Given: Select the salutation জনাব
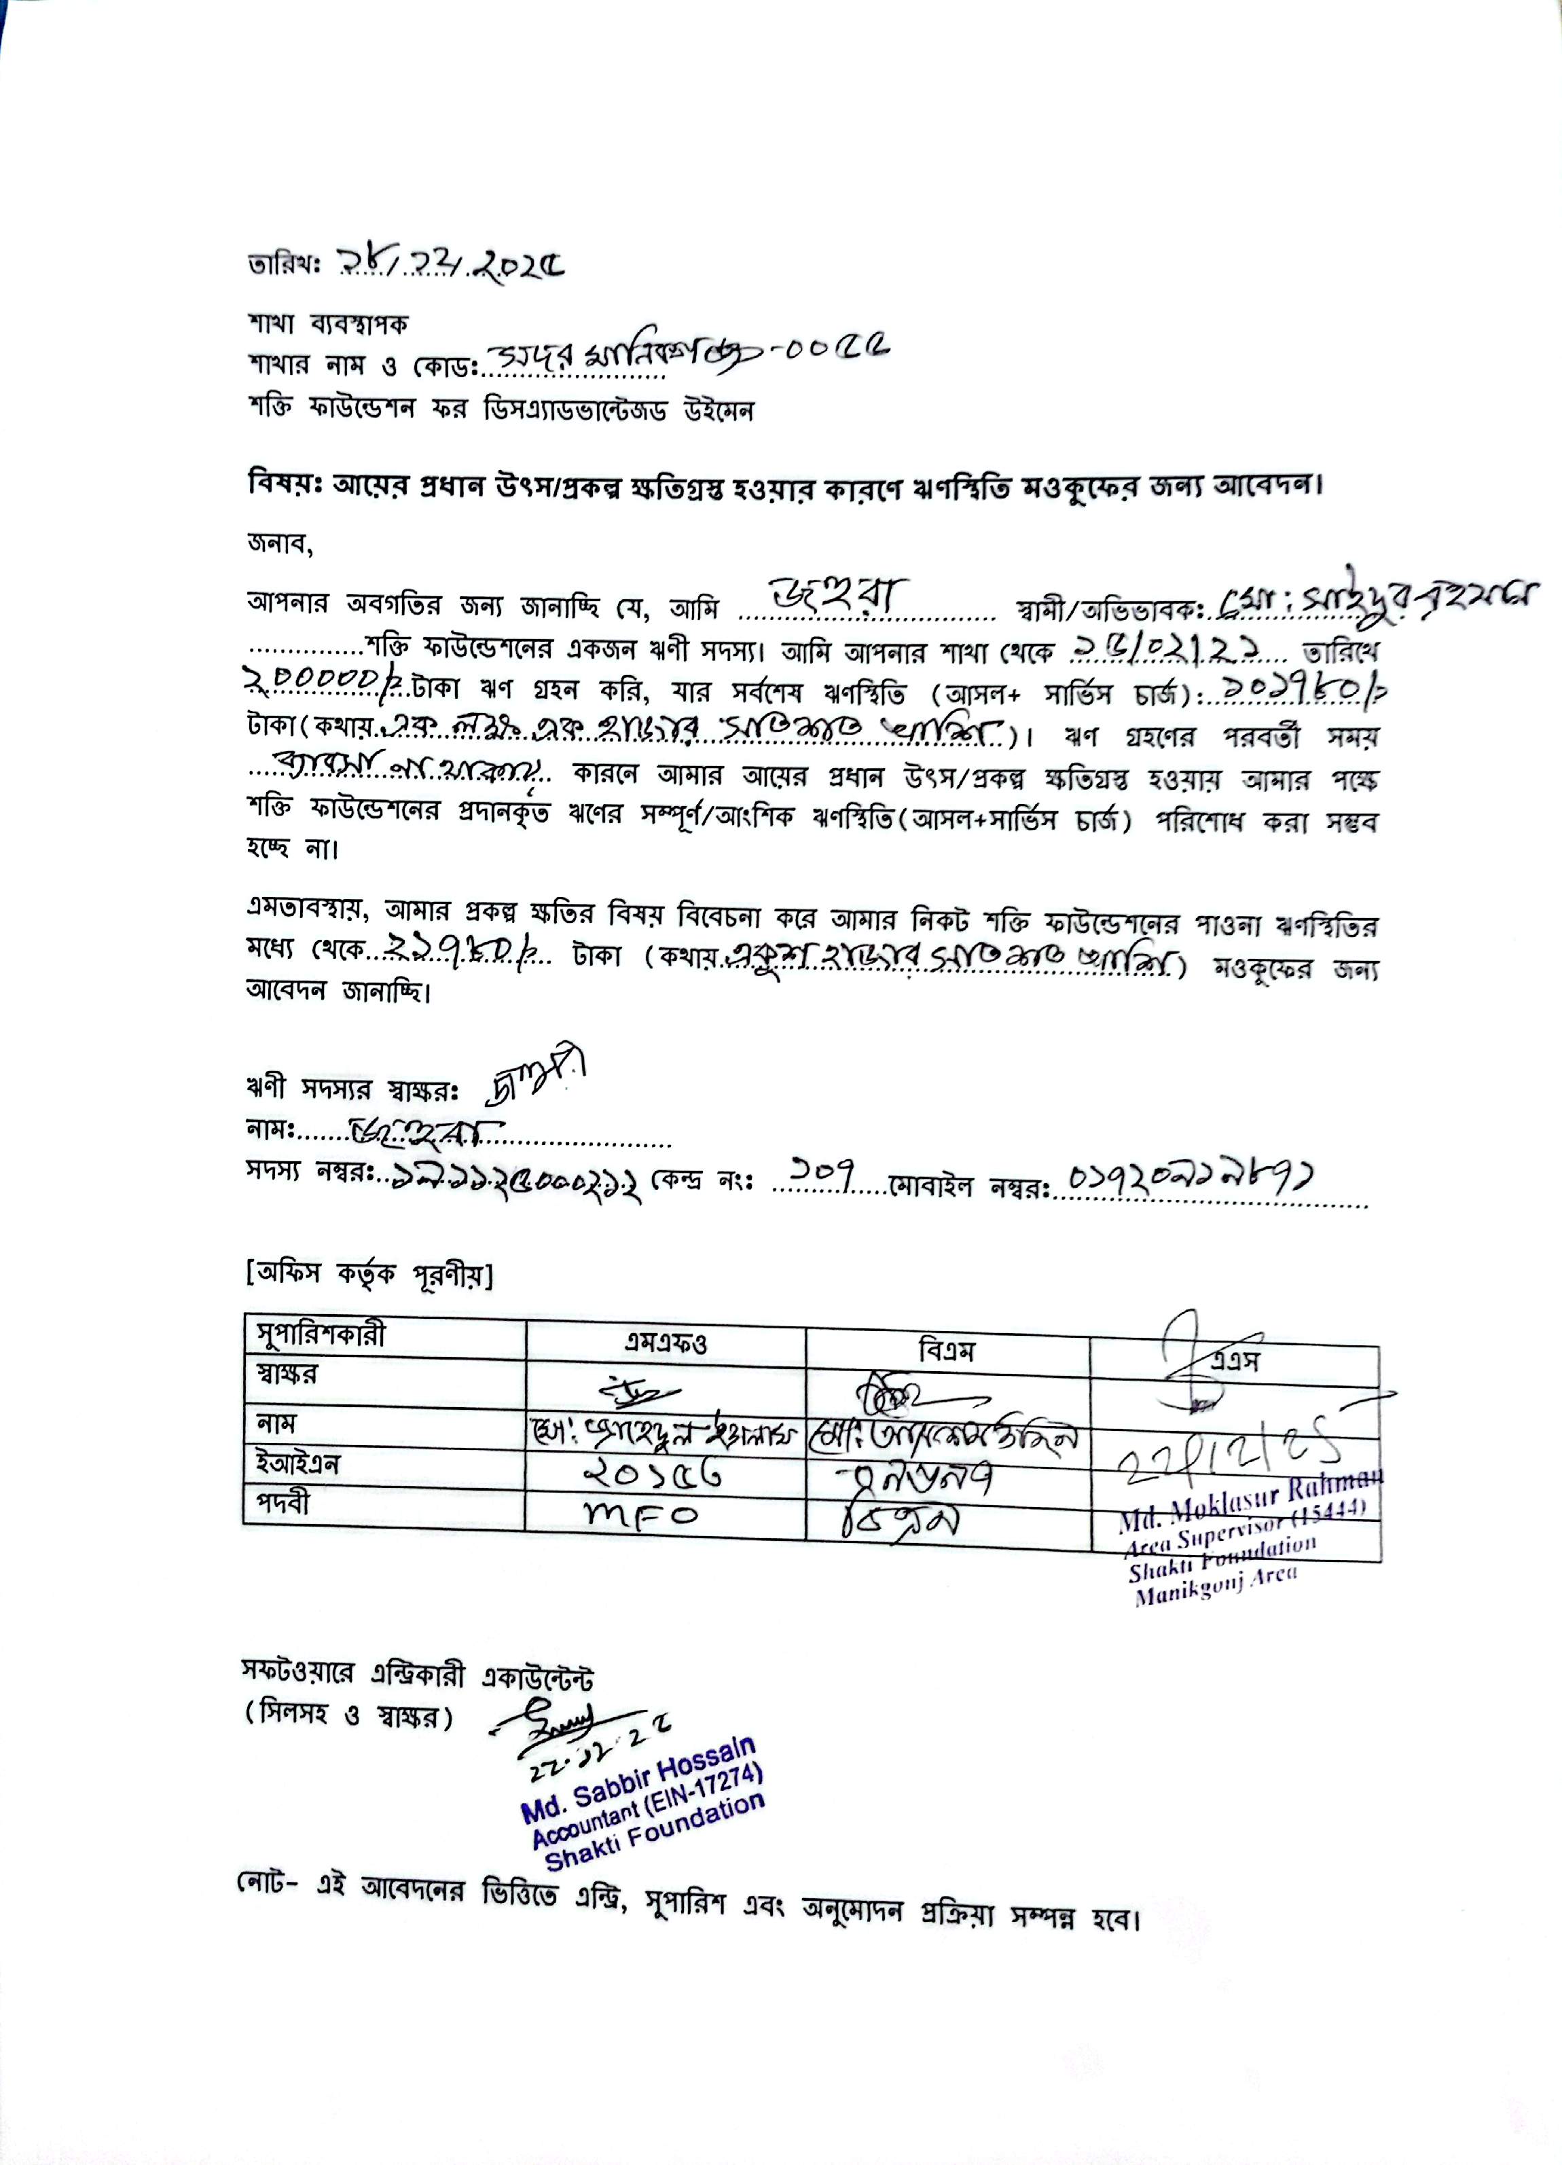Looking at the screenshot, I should (x=279, y=544).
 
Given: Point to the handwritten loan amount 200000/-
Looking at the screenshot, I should (x=320, y=677).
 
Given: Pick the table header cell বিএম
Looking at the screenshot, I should (x=946, y=1350).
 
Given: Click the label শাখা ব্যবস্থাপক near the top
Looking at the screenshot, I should (x=327, y=325).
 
